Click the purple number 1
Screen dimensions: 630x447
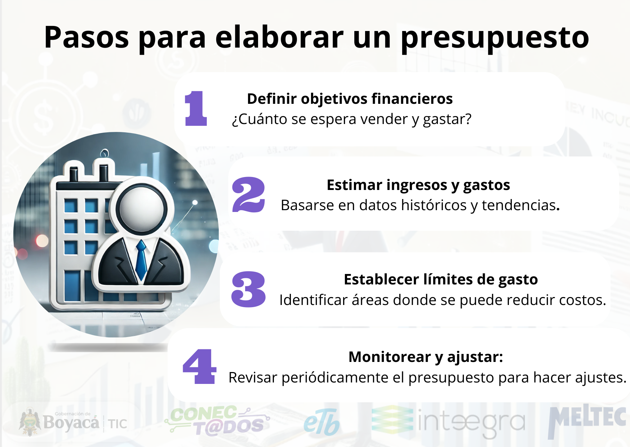click(x=196, y=108)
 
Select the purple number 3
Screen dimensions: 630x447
click(x=249, y=289)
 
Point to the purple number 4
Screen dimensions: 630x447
click(x=200, y=366)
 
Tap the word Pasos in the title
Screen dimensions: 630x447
click(x=86, y=37)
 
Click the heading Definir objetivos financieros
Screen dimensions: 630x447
click(x=350, y=99)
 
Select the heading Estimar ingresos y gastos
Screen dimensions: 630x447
click(x=418, y=185)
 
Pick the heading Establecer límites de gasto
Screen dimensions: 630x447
click(x=441, y=279)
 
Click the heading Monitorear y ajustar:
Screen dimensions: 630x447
click(x=426, y=357)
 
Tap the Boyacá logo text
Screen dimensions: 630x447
click(x=71, y=422)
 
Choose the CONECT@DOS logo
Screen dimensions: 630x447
click(x=217, y=421)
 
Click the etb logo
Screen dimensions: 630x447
click(x=321, y=422)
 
